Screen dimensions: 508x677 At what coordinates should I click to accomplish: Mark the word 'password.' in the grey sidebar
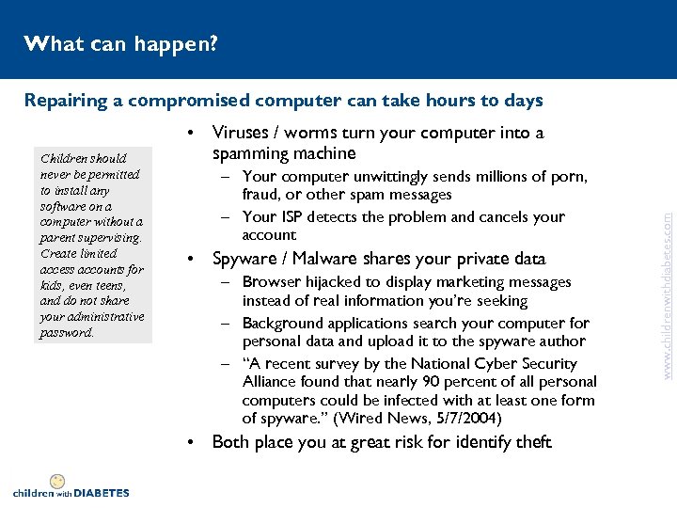point(68,332)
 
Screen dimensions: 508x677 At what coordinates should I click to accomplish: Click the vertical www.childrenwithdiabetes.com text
point(667,282)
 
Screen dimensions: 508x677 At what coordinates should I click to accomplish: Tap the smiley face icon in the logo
point(58,481)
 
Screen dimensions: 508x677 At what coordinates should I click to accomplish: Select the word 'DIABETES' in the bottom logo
point(102,492)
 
